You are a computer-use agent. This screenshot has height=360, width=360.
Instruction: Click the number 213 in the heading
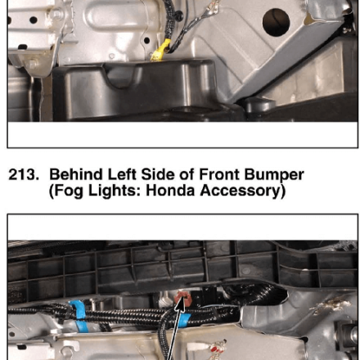pos(24,174)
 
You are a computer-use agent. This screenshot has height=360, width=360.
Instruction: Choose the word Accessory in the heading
pos(243,191)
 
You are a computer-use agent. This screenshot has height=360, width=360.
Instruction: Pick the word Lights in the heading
pos(114,191)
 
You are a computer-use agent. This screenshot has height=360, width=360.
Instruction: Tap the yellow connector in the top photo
pos(160,50)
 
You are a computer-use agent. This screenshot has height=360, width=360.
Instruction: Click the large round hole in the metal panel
pos(276,22)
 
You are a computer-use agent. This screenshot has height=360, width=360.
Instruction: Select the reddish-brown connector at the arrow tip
pos(183,299)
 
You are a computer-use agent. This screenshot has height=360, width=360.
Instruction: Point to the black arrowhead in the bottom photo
pos(180,306)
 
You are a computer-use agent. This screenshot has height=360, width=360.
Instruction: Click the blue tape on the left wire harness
pos(79,316)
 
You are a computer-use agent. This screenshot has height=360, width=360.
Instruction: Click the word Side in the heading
pos(155,174)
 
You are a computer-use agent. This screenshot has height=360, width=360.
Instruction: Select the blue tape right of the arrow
pos(186,320)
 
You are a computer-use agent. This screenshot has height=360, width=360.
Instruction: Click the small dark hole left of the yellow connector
pos(146,41)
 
